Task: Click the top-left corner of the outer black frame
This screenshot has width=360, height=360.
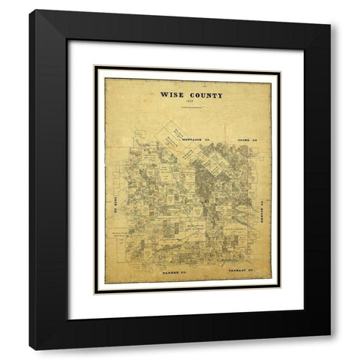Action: (30, 10)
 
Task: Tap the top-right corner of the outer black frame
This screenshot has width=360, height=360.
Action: (331, 10)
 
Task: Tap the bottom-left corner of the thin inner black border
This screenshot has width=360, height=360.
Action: (94, 294)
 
